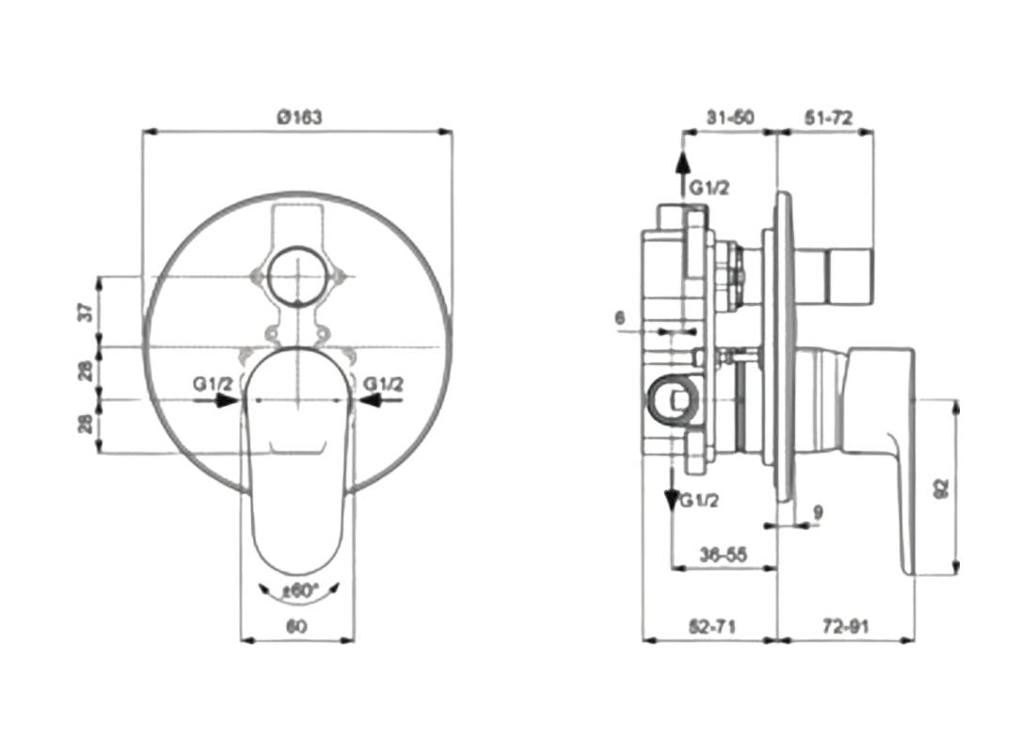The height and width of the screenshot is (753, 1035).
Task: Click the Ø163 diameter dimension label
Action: coord(299,118)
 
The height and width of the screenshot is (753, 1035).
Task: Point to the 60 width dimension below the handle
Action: coord(298,625)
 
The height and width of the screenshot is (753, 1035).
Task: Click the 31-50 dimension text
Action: coord(730,118)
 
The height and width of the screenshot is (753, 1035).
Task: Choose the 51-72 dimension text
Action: coord(828,118)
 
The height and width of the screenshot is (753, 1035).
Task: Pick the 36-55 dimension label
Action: coord(723,555)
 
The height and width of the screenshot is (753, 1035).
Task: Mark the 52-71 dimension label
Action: coord(710,625)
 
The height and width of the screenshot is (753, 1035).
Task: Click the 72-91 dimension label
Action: coord(844,625)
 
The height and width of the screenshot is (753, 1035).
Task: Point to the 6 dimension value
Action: coord(619,318)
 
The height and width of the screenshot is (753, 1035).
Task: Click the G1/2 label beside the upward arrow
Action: coord(709,188)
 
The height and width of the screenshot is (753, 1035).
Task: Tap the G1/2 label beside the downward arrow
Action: coord(699,500)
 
